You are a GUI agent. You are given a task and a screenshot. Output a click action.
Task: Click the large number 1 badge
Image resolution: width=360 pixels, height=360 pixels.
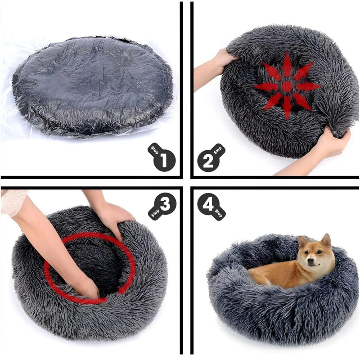pos(164,160)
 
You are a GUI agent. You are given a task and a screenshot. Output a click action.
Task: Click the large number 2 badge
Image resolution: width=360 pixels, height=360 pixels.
pos(208,161)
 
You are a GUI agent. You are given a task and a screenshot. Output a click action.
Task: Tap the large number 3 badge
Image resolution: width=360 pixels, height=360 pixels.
pos(165,204)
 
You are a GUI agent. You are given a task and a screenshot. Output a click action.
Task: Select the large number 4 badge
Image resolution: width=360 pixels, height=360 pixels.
pos(208,204)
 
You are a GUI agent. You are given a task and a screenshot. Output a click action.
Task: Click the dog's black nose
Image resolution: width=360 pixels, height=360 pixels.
pos(310,261)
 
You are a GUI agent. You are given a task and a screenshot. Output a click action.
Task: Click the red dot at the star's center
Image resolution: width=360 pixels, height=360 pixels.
pos(287,86)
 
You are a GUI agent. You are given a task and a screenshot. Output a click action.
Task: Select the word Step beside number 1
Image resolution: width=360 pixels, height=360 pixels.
pos(155,150)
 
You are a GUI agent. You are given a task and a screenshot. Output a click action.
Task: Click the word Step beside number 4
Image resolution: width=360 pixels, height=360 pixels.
pos(218,213)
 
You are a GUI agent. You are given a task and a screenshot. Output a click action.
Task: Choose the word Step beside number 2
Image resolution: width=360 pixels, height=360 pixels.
pos(218,150)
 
